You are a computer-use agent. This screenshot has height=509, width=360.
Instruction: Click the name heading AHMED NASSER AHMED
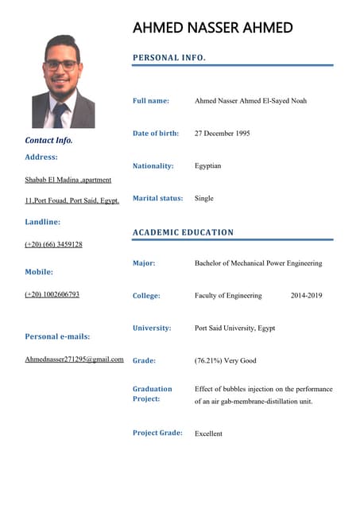point(212,28)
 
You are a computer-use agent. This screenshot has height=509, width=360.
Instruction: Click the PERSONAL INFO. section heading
point(169,58)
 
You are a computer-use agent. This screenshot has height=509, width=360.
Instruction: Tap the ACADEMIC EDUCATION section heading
point(183,232)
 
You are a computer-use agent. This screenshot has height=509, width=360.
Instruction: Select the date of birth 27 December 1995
point(222,134)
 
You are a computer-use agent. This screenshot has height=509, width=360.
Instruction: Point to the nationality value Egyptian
point(207,166)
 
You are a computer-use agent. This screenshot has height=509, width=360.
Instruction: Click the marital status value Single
point(204,198)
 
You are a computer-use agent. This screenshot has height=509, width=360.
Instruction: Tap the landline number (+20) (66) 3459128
point(53,244)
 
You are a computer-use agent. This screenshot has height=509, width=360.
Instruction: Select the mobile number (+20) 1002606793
point(52,294)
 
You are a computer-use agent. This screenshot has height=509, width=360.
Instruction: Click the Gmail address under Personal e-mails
point(74,359)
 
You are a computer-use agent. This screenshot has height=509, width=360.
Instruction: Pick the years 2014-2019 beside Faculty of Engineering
point(306,296)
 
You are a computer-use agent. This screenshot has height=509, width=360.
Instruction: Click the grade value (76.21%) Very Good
point(226,361)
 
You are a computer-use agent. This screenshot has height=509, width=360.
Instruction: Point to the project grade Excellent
point(208,433)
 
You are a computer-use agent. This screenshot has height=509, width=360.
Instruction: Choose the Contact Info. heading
point(48,140)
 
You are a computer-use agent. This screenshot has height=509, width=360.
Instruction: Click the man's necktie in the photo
point(60,115)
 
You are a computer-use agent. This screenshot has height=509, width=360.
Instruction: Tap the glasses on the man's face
point(61,65)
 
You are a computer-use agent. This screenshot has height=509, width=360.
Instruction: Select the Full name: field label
point(151,101)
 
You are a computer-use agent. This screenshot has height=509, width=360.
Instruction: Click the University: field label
point(151,328)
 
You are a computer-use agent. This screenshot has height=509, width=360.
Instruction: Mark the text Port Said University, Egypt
point(234,328)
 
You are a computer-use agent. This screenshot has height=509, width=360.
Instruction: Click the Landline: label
point(43,222)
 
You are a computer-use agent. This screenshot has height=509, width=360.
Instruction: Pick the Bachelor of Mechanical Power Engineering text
point(258,263)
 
